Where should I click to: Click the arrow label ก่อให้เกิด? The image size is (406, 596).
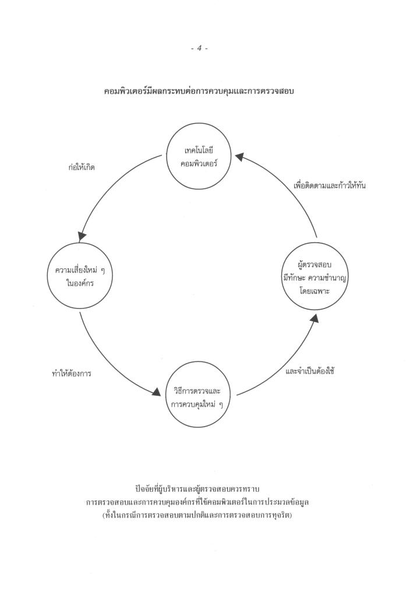pyautogui.click(x=82, y=167)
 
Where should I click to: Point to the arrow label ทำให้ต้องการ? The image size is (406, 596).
pyautogui.click(x=72, y=373)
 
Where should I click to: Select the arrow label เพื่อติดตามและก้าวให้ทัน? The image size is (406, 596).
pyautogui.click(x=330, y=186)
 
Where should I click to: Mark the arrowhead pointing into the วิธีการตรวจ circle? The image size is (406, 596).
pyautogui.click(x=156, y=393)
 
